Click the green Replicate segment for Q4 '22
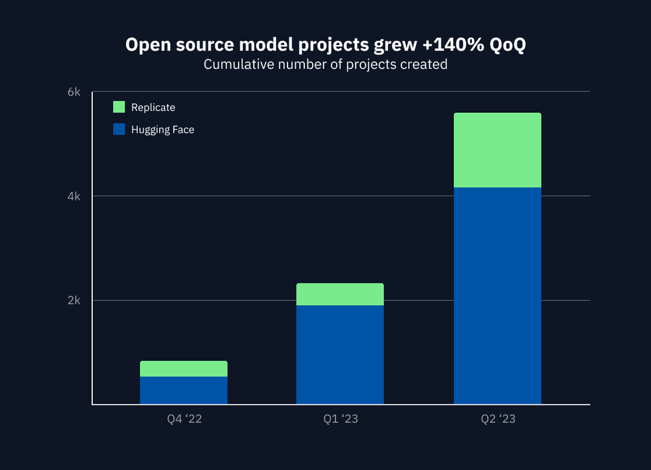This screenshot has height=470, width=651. tap(183, 369)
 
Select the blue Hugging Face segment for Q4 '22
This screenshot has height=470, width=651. tap(183, 390)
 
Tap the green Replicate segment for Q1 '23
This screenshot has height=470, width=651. tap(340, 294)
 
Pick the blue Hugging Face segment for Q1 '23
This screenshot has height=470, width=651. tap(340, 355)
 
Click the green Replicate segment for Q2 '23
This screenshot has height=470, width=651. tap(497, 150)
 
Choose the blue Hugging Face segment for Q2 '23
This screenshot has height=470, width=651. tap(497, 296)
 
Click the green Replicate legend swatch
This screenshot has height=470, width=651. tap(119, 107)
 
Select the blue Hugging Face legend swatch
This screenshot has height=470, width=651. tap(119, 129)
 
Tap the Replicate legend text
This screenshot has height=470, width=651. tap(153, 107)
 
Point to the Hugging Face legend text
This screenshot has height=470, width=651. tap(163, 130)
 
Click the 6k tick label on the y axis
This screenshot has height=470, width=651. tap(74, 92)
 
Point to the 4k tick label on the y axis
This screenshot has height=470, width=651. tap(74, 196)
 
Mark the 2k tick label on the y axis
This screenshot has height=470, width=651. tap(74, 300)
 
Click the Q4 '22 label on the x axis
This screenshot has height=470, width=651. tap(184, 419)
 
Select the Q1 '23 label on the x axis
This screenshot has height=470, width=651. tap(340, 419)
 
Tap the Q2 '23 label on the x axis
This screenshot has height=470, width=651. tap(498, 419)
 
